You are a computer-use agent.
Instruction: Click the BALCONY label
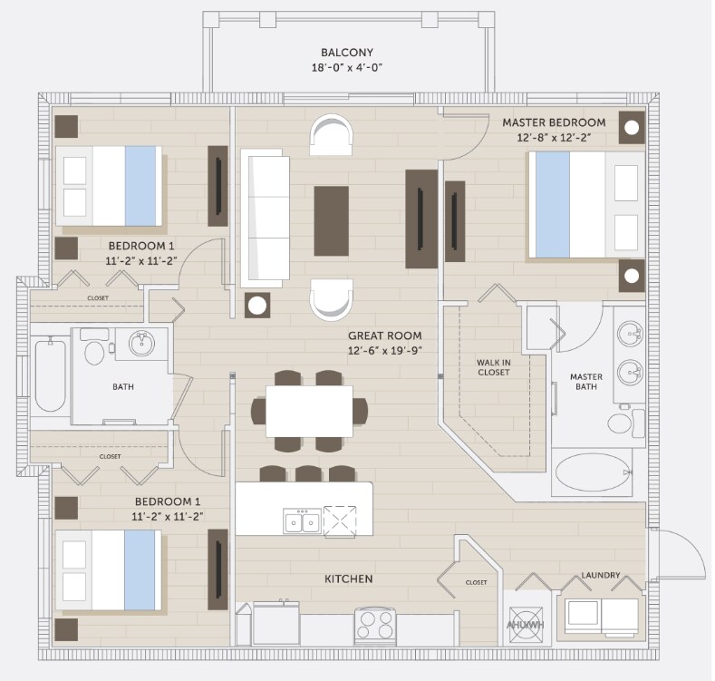point(347,53)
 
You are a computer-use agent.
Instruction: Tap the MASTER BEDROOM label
point(554,122)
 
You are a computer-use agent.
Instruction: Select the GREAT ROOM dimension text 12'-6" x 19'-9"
point(385,351)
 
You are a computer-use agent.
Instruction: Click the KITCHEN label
point(349,579)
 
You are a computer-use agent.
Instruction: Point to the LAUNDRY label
point(601,575)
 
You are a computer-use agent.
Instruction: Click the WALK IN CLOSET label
point(494,367)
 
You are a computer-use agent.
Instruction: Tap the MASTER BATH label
point(586,382)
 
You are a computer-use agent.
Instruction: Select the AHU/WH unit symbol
point(526,625)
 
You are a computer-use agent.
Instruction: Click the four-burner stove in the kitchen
point(375,626)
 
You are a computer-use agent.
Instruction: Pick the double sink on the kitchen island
point(303,521)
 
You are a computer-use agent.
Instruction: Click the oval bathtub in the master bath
point(592,472)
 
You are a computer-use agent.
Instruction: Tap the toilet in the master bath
point(625,423)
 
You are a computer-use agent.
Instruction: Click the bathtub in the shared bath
point(50,375)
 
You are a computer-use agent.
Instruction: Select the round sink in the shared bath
point(141,344)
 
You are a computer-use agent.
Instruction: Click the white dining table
point(309,412)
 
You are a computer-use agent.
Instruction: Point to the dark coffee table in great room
point(332,221)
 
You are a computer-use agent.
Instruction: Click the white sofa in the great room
point(265,219)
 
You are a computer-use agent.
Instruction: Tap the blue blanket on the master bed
point(553,205)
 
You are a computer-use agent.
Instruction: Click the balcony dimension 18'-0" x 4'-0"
point(347,68)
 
